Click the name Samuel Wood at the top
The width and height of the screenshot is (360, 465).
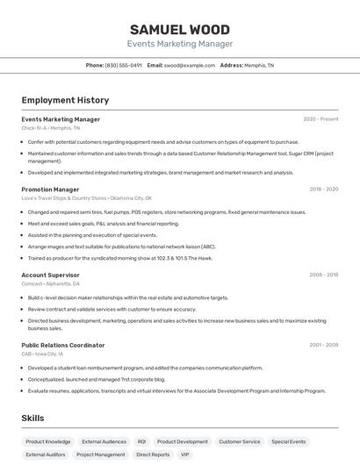(179, 29)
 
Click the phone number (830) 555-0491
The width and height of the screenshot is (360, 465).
(123, 65)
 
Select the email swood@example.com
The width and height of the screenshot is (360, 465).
(189, 65)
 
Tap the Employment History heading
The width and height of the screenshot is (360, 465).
(65, 100)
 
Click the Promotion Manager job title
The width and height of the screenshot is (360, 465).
(50, 189)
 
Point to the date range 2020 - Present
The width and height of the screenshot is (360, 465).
(320, 119)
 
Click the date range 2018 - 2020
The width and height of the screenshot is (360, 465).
(324, 189)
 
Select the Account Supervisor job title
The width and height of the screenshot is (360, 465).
(50, 275)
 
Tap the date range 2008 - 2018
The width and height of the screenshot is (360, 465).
(324, 275)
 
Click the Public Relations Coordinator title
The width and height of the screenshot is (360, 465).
(62, 345)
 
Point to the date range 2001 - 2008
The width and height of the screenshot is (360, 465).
(324, 345)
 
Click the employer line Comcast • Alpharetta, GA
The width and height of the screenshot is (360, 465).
(50, 283)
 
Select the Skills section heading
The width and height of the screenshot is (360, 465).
(32, 418)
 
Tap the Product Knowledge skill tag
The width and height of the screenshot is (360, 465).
(48, 441)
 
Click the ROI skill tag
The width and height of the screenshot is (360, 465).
(141, 441)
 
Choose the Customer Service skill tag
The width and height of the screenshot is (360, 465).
(240, 441)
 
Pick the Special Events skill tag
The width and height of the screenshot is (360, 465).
(289, 441)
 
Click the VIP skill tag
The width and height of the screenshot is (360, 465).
(185, 454)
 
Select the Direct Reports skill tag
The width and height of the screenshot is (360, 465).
(153, 454)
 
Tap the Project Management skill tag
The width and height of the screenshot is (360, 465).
(101, 454)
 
